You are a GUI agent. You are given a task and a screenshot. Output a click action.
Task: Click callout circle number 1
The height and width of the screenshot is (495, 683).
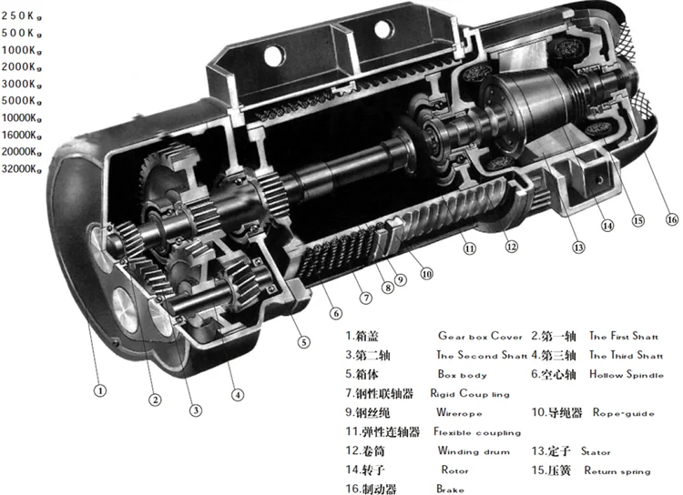click(101, 390)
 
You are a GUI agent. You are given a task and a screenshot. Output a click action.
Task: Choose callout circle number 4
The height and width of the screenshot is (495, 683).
click(238, 395)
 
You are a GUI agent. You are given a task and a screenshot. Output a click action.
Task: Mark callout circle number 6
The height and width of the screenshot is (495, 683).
click(336, 314)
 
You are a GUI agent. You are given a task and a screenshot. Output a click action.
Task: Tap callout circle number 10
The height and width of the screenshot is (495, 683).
click(426, 272)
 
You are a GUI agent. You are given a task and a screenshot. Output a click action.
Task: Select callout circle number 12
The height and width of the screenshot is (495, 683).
click(512, 246)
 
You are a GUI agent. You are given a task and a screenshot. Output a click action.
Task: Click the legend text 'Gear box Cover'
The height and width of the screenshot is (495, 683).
click(480, 337)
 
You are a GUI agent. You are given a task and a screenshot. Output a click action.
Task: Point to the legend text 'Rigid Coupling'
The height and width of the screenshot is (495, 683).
click(472, 395)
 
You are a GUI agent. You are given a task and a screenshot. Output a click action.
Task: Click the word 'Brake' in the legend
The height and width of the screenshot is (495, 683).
click(450, 490)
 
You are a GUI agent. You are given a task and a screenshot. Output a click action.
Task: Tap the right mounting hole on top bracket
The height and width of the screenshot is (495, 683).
click(380, 31)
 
